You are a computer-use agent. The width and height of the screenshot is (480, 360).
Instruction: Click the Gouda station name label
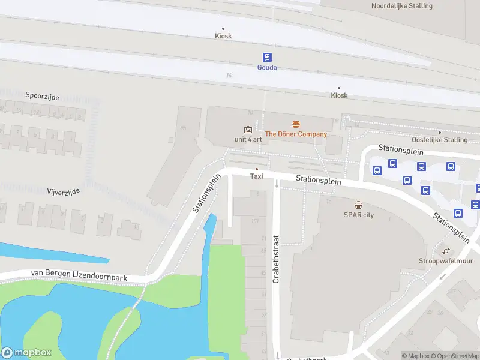pos(267,68)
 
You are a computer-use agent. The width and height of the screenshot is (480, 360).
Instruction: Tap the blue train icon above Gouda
pos(267,57)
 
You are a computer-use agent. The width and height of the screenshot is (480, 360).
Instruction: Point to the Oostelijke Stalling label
pos(440,140)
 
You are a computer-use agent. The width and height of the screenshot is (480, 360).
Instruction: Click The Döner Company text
pos(296,134)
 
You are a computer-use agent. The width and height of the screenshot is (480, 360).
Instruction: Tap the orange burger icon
pos(296,124)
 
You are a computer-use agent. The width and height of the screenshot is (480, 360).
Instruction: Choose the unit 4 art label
pos(248,139)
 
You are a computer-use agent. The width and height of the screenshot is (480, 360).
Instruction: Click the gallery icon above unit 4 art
pos(248,129)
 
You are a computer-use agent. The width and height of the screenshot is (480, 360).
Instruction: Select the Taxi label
pos(257,176)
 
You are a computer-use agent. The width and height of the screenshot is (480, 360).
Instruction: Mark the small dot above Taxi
pos(257,169)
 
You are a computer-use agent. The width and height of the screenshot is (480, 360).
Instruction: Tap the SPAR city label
pos(358,215)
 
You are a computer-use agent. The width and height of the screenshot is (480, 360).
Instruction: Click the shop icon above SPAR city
pos(358,205)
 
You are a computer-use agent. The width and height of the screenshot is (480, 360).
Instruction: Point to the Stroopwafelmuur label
pos(445,261)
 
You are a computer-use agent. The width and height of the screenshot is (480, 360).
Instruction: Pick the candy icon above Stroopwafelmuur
pos(446,251)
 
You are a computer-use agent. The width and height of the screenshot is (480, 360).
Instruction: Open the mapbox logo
pos(26,353)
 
